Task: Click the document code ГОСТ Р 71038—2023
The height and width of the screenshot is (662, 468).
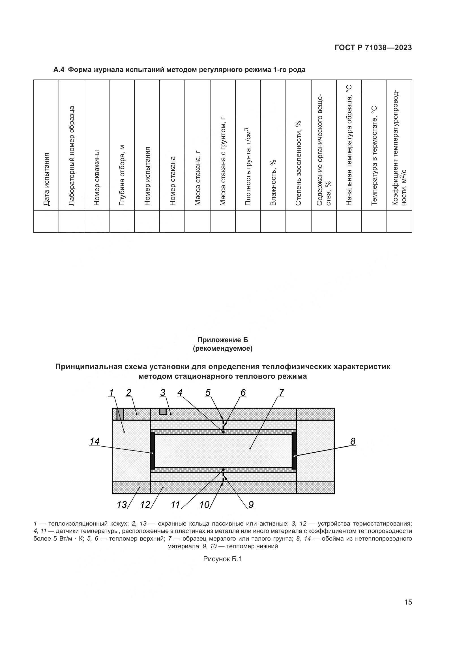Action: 373,48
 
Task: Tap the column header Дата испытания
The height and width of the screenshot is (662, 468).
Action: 46,179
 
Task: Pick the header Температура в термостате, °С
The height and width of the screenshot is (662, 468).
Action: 374,156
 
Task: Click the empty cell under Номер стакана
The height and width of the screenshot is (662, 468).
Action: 172,221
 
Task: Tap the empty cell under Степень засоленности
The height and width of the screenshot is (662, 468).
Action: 298,221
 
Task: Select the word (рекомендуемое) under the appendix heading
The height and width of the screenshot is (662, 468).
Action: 222,349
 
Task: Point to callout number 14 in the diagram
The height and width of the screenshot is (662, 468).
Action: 95,442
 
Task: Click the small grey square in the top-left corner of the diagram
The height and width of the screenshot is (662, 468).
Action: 120,414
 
